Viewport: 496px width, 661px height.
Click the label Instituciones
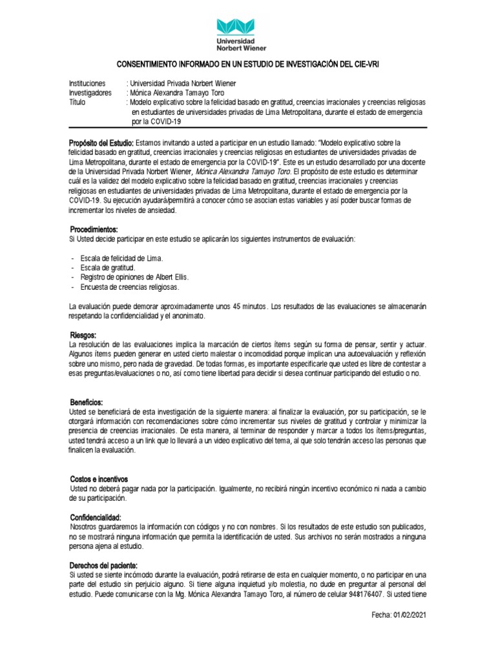point(87,84)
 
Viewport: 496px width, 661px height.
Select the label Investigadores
point(90,93)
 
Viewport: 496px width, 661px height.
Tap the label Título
point(78,102)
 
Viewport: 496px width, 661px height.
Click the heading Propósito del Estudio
point(101,142)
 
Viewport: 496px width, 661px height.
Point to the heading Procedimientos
point(94,230)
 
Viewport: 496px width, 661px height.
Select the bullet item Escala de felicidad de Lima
point(121,258)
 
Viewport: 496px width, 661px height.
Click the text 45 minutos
point(249,305)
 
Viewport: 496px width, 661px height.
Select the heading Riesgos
point(83,335)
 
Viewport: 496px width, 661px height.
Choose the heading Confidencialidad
point(96,518)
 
